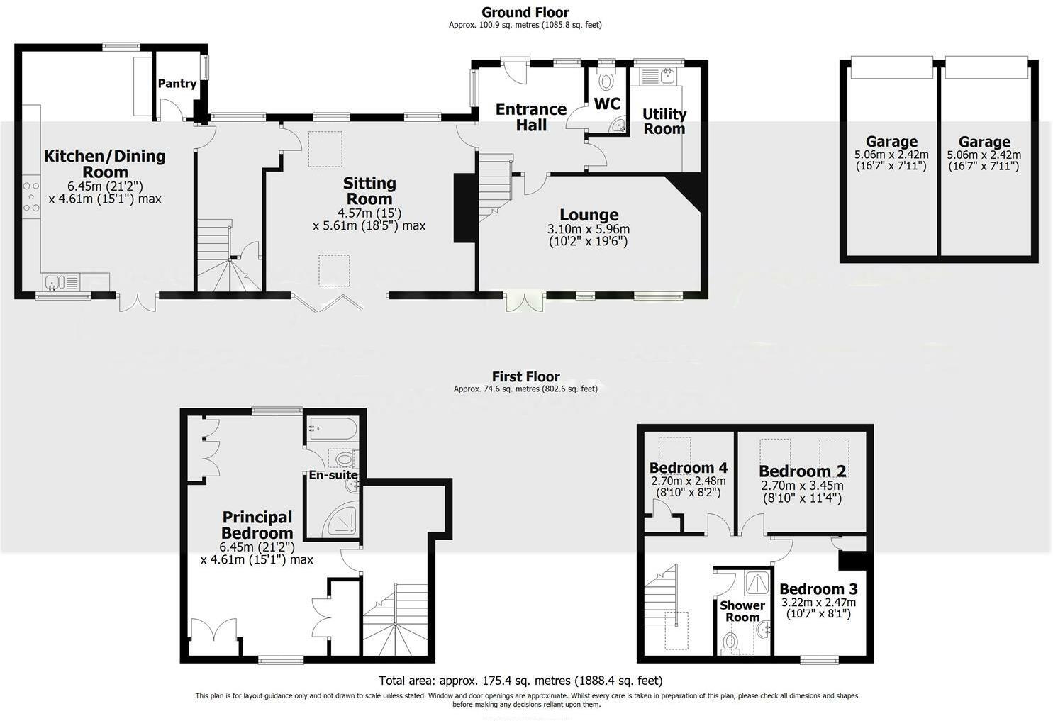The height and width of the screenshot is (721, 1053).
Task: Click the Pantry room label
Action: click(x=177, y=84)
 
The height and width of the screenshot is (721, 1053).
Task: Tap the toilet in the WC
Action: click(x=607, y=81)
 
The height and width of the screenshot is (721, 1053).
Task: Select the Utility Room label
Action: click(x=664, y=121)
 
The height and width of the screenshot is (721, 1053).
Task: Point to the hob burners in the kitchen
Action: click(x=31, y=198)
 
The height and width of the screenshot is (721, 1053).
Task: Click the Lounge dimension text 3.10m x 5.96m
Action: click(x=589, y=229)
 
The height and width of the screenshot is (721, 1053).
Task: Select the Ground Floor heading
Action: click(x=525, y=12)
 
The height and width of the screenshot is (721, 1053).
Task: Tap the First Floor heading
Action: click(x=525, y=377)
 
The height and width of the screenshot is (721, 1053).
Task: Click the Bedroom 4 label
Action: click(x=688, y=468)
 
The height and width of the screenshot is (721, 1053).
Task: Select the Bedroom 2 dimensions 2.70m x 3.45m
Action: click(x=802, y=486)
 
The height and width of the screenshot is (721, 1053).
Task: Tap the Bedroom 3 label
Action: click(x=818, y=589)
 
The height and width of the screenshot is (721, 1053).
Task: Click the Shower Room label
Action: click(x=742, y=611)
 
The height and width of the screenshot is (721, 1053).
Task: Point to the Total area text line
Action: click(x=520, y=681)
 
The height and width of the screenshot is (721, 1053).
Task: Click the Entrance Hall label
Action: click(x=530, y=117)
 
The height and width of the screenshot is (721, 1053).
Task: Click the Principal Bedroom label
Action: click(x=257, y=525)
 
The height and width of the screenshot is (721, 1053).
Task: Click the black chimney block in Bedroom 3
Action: click(x=852, y=559)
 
